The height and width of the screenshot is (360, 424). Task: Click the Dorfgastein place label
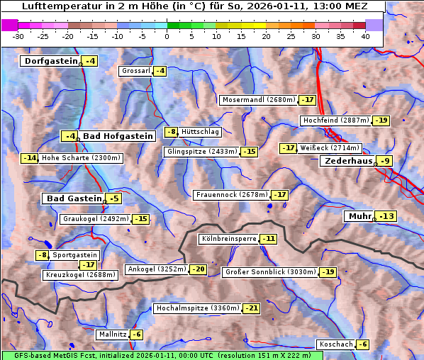coord(50,61)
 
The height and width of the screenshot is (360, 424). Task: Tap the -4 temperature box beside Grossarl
coord(160,71)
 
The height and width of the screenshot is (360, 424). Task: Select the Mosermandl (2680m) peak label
coord(259,100)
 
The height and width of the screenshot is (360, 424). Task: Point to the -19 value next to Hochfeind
coord(381,120)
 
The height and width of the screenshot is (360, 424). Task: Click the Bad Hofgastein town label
coord(118,136)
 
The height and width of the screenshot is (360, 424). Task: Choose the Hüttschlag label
coord(201,132)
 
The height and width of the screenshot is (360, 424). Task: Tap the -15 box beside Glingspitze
coord(250,152)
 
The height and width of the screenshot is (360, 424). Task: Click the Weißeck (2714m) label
coord(330,148)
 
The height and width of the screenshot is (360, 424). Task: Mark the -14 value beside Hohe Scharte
coord(29,158)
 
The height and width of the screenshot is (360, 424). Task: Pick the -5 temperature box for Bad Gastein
coord(113,198)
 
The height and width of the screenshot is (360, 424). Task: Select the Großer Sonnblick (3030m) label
coord(269,272)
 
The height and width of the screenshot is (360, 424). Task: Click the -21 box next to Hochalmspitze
coord(252,308)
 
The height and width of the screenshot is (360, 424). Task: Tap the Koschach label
coord(336,344)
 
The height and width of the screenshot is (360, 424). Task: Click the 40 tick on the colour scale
coord(365,35)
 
